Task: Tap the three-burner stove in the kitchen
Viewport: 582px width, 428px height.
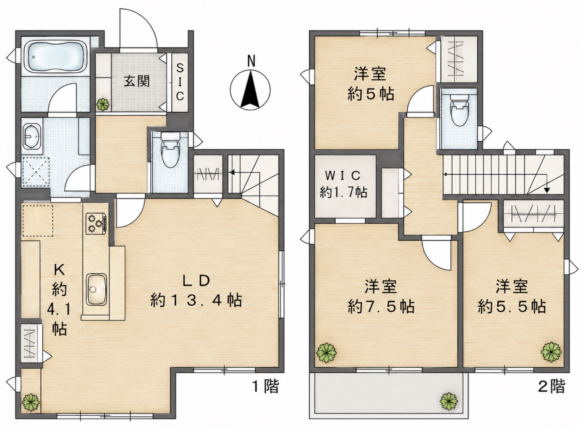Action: click(96, 223)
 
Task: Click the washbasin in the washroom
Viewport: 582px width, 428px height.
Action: click(31, 136)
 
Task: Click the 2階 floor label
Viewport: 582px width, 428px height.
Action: click(552, 386)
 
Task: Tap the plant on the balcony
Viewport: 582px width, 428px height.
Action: click(449, 401)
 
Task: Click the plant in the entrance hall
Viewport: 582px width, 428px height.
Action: click(103, 104)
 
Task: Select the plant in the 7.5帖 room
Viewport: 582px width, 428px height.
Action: click(326, 353)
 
